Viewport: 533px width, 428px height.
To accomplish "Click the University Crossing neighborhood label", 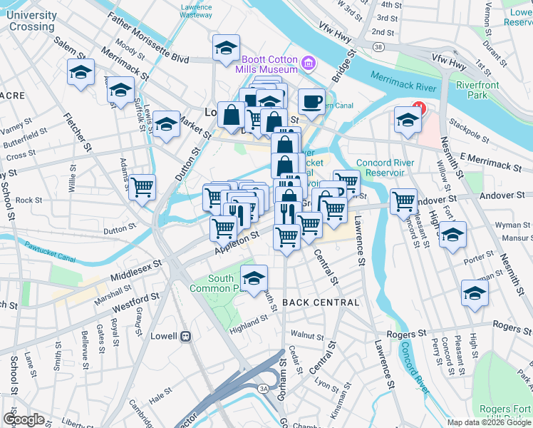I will coord(33,21).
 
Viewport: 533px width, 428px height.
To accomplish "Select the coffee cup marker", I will coord(311,102).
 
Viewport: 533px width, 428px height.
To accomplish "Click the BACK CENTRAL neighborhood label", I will coord(321,302).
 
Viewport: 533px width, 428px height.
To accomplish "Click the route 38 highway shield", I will coord(377,47).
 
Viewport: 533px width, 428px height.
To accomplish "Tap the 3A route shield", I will coord(263,388).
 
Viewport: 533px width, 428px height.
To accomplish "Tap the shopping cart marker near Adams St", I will coord(143,188).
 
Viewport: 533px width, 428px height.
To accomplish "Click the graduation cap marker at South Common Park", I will coord(254,279).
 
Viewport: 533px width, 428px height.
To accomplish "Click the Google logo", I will coord(24,419).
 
